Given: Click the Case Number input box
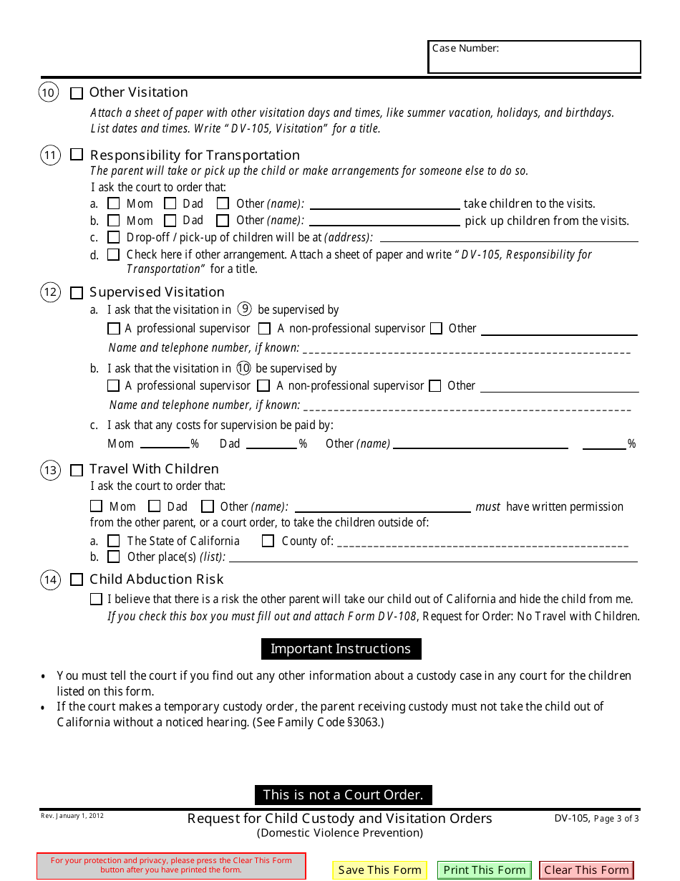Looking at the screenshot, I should point(534,57).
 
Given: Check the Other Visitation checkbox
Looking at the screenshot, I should point(77,92).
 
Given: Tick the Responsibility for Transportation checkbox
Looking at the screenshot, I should point(77,155).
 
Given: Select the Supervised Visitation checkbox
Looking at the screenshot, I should point(77,292).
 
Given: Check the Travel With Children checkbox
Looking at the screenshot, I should point(77,470).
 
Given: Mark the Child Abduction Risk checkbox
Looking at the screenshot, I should point(77,579).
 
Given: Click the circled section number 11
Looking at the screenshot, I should point(49,155).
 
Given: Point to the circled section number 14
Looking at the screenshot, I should point(49,579).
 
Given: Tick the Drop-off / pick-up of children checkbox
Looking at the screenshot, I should point(113,237).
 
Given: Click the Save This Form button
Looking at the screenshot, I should point(379,870).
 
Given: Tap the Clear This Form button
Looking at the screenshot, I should point(586,870).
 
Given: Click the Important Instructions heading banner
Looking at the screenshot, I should point(341,649).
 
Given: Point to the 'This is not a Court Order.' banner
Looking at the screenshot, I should point(343,794).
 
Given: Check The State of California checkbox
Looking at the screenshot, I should point(113,541).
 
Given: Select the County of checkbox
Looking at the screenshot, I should point(268,541).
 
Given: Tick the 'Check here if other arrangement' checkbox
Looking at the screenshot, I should point(113,254).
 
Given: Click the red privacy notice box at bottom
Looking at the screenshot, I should point(171,865).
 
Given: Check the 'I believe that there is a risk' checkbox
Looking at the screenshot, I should point(96,599).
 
